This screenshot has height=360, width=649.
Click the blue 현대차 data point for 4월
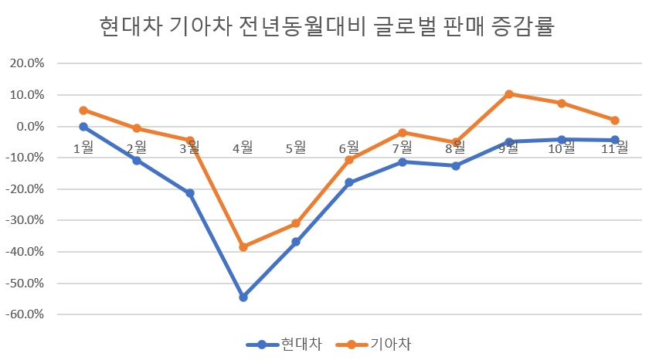(243, 297)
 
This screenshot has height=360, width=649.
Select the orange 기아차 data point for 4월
(243, 247)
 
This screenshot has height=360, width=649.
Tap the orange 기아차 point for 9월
(509, 94)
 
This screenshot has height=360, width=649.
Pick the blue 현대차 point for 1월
(83, 127)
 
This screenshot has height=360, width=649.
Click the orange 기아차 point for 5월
(296, 223)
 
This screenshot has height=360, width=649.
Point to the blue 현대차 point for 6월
(349, 182)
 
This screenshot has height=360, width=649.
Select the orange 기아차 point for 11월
(615, 121)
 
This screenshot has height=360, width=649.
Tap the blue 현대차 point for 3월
(190, 193)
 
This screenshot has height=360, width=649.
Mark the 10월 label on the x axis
(562, 147)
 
